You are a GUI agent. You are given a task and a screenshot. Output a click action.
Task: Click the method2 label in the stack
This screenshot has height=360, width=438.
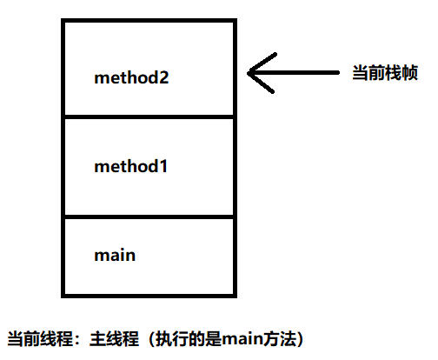(131, 77)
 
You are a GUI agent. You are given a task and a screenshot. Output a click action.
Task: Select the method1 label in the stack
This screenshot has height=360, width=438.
(131, 166)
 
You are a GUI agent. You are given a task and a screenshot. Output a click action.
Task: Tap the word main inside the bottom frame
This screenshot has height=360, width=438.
(115, 255)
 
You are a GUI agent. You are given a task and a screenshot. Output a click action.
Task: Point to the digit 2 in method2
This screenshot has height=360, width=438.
(163, 77)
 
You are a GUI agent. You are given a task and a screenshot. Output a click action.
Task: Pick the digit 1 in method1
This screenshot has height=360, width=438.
(163, 166)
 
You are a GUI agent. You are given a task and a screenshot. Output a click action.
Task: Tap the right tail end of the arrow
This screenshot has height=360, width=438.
(338, 72)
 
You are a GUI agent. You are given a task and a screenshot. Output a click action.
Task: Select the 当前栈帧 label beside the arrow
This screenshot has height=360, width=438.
(385, 72)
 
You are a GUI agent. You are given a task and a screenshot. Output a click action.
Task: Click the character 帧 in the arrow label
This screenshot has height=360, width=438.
(410, 72)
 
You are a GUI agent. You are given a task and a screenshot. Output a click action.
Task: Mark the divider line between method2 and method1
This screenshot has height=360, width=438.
(149, 117)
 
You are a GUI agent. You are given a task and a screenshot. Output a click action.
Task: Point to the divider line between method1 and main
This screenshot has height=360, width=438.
(149, 217)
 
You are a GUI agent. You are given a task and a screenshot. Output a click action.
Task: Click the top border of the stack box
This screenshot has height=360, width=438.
(149, 21)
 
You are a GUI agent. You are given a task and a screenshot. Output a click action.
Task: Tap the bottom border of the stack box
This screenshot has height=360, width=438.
(149, 296)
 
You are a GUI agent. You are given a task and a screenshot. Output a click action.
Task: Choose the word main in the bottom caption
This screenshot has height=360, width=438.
(242, 338)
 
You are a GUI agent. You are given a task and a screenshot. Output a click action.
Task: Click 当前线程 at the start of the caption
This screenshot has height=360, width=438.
(40, 338)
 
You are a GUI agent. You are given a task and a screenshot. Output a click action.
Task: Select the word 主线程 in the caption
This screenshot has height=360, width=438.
(115, 338)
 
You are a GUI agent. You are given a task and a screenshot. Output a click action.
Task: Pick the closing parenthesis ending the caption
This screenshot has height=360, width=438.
(300, 338)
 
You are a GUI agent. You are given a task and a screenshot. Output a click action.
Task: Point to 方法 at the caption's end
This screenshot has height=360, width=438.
(279, 338)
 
